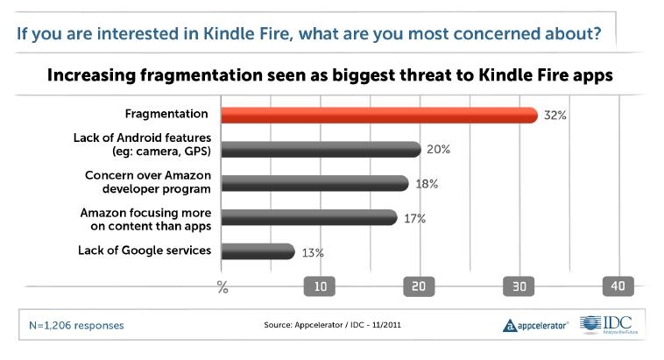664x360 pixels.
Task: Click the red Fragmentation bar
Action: point(378,116)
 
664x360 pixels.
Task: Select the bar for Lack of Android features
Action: point(320,149)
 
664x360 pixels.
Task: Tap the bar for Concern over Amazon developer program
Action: point(313,183)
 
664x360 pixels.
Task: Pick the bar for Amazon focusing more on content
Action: point(307,217)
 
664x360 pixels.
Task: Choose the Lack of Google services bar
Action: point(256,251)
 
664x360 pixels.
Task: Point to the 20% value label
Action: point(438,149)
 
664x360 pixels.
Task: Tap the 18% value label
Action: point(426,183)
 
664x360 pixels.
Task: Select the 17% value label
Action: point(414,217)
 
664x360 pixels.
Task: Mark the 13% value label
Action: point(313,252)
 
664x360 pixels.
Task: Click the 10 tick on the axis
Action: point(321,286)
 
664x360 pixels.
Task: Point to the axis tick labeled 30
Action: point(519,286)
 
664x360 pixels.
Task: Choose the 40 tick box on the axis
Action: point(618,286)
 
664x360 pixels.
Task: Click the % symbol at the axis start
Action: point(222,286)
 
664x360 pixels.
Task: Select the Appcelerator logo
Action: point(536,325)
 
